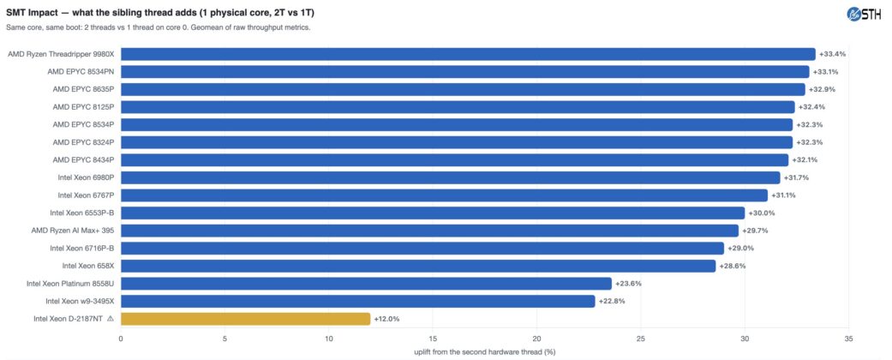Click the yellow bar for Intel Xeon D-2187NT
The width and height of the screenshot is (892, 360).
tap(246, 319)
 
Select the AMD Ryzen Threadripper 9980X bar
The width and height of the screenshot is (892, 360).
tap(468, 54)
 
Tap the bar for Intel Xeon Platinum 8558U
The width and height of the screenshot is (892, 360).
tap(367, 284)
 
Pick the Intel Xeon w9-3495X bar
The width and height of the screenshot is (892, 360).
tap(358, 302)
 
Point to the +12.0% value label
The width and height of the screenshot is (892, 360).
tap(386, 319)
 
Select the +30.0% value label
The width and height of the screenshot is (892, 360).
tap(761, 213)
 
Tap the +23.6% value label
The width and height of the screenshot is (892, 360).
tap(628, 284)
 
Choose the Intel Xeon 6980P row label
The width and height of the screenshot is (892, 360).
tap(87, 178)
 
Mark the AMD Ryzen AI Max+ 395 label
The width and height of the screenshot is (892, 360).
tap(74, 231)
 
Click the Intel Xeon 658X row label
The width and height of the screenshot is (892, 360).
tap(89, 267)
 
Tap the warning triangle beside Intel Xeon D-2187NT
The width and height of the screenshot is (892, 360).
tap(111, 319)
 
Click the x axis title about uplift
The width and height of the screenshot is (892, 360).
tap(485, 352)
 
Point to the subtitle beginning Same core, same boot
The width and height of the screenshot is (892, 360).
tap(159, 27)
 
